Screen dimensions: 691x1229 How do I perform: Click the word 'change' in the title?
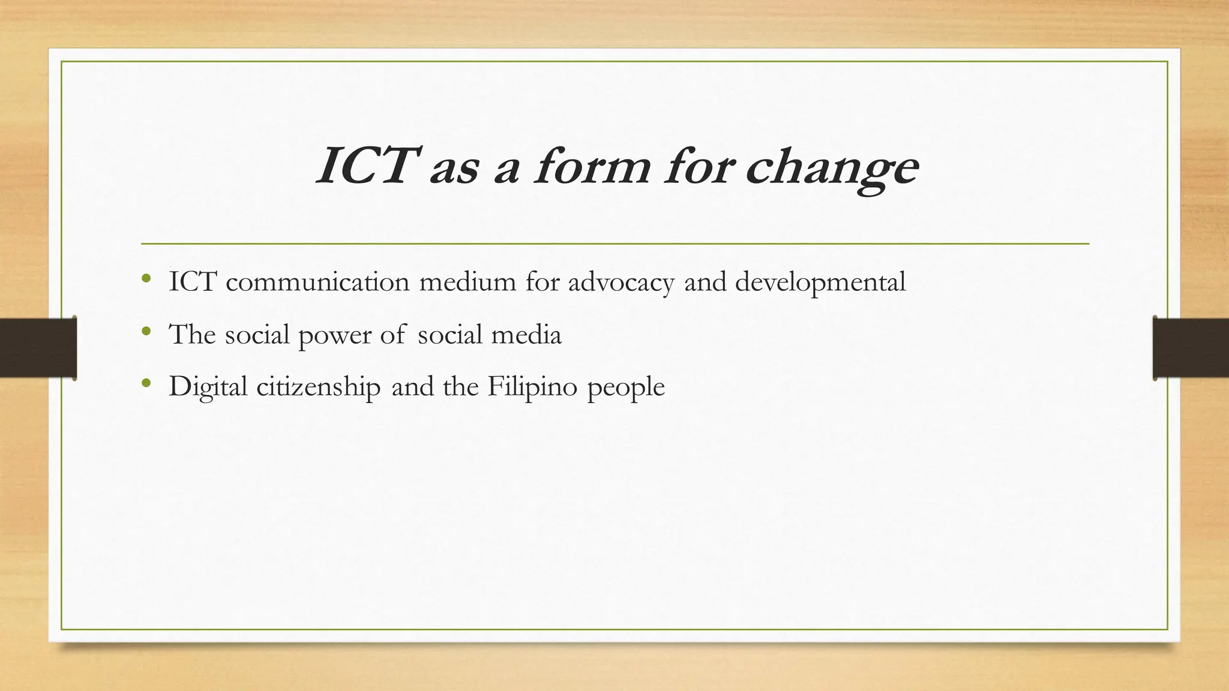click(832, 167)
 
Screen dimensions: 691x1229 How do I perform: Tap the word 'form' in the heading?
click(591, 166)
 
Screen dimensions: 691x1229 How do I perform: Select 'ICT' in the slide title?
click(365, 166)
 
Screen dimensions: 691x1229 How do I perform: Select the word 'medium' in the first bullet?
click(467, 282)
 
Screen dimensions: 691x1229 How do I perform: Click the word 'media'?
click(526, 334)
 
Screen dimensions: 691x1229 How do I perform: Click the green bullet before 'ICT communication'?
click(146, 278)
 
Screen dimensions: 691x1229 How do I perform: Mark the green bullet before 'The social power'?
click(146, 331)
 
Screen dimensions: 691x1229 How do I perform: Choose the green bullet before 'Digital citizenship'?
click(146, 383)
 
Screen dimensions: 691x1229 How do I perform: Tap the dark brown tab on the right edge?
click(1191, 348)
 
